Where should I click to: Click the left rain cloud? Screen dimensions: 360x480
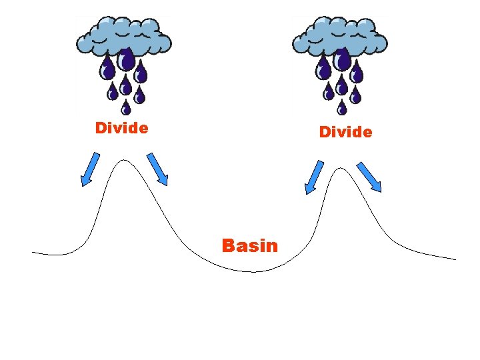click(124, 36)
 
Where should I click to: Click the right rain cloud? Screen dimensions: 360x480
click(340, 36)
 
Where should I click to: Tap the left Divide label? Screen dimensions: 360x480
click(121, 127)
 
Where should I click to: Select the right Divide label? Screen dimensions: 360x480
click(345, 132)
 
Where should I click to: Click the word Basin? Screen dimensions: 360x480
click(250, 246)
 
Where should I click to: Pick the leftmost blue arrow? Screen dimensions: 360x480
click(90, 168)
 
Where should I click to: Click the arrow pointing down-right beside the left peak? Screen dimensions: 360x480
click(157, 169)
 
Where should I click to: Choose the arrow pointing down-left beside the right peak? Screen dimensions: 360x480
click(314, 177)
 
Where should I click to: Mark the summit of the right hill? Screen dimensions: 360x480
click(341, 168)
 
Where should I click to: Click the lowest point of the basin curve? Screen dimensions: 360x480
click(252, 272)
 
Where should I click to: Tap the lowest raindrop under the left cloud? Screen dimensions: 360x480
click(125, 107)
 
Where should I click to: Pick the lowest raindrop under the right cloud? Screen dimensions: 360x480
click(341, 107)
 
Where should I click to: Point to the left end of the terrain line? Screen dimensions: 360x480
click(33, 252)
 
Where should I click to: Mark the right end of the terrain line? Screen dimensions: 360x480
click(455, 259)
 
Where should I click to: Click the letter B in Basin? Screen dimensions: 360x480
click(227, 246)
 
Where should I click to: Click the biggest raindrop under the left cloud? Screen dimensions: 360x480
click(125, 61)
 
